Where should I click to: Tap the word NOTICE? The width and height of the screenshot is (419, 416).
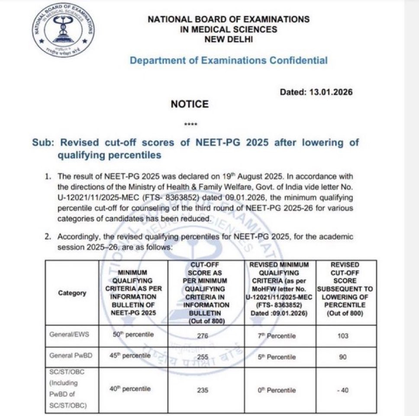pyautogui.click(x=190, y=104)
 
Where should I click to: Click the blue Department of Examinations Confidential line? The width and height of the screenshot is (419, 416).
pyautogui.click(x=229, y=61)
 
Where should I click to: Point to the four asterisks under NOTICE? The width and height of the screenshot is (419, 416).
pyautogui.click(x=190, y=125)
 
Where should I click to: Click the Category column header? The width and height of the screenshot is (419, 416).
pyautogui.click(x=72, y=293)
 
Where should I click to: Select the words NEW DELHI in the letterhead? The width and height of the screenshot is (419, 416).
pyautogui.click(x=229, y=39)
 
